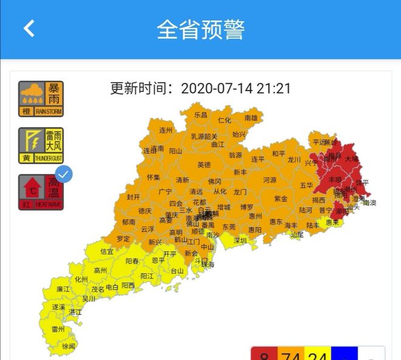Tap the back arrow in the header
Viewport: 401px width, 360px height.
(29, 29)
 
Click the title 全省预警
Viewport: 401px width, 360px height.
(200, 29)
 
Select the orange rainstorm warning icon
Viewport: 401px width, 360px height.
(41, 99)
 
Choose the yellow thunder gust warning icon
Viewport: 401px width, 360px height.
(41, 145)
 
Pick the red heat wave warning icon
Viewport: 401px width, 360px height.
(41, 192)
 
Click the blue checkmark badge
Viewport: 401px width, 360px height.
(64, 174)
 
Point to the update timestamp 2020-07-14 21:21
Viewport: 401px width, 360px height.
(236, 89)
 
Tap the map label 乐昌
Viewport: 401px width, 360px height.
(200, 114)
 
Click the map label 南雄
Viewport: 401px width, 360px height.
(252, 117)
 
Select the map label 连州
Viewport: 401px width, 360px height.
(166, 130)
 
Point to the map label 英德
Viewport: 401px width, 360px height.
(204, 164)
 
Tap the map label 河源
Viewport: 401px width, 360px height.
(270, 180)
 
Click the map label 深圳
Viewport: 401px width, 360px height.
(241, 241)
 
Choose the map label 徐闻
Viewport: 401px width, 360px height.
(68, 346)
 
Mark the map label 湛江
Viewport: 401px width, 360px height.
(75, 311)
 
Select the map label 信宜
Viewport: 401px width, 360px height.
(107, 251)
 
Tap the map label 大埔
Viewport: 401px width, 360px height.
(352, 158)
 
